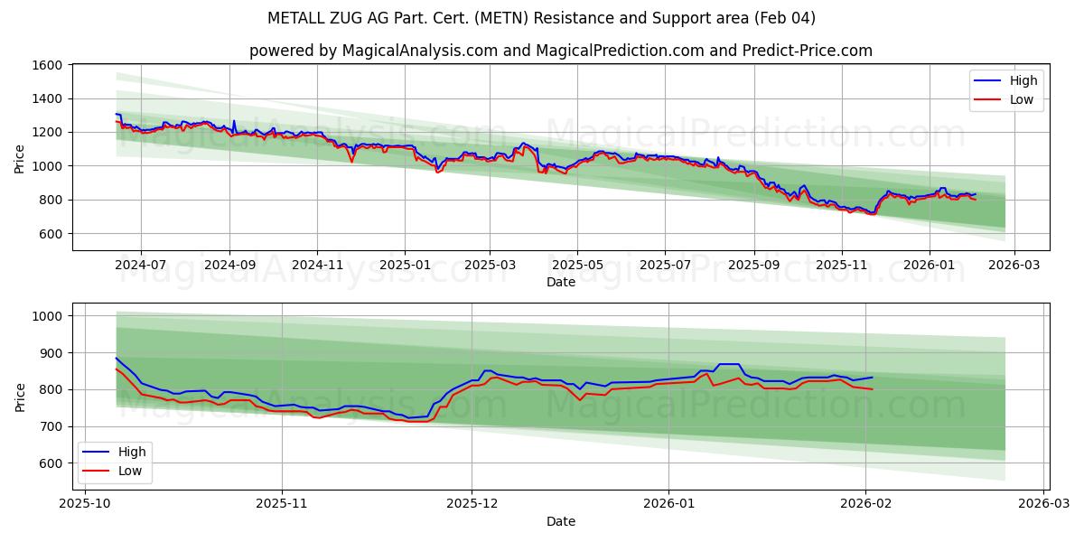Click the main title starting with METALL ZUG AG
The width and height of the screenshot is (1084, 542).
542,18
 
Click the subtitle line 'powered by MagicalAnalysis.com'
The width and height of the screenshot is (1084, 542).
560,51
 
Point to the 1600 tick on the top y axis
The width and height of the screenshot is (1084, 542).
47,65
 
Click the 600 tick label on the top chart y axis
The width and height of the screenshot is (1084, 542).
51,233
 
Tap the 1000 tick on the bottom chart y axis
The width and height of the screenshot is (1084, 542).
47,316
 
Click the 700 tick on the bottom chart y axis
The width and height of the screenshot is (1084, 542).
51,426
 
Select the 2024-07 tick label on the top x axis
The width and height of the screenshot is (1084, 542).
141,266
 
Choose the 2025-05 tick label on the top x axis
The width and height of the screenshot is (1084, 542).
577,266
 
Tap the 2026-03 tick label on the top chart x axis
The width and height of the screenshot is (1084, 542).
1014,266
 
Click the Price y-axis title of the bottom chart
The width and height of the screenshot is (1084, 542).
20,397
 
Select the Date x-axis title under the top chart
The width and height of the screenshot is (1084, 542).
560,282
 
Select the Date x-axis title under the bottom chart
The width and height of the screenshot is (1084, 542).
560,521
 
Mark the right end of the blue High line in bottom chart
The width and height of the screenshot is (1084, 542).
873,377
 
